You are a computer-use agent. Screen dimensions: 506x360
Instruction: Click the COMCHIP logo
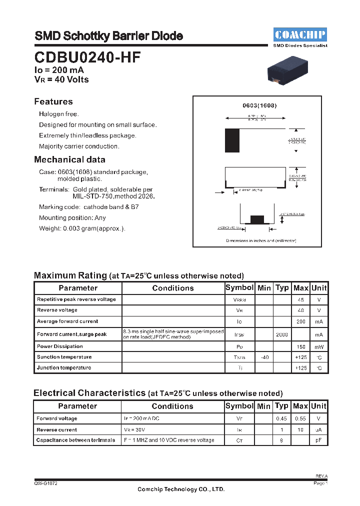(x=300, y=34)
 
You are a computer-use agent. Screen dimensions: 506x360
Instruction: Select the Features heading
(x=53, y=101)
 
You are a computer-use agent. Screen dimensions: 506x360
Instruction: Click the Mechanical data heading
(x=69, y=159)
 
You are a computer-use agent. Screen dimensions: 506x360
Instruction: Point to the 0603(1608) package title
(x=259, y=106)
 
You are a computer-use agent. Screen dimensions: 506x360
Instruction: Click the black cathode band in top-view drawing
(x=232, y=140)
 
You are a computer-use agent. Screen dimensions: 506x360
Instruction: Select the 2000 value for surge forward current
(x=282, y=334)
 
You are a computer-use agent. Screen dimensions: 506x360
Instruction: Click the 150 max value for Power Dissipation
(x=300, y=346)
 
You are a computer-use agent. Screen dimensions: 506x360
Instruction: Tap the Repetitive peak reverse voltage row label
(x=76, y=299)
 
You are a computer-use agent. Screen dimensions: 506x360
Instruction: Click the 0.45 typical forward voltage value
(x=282, y=418)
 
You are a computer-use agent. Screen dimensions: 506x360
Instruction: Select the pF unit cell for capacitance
(x=318, y=440)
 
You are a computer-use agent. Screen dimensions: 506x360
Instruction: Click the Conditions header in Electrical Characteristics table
(x=172, y=406)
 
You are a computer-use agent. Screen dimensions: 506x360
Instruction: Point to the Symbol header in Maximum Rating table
(x=239, y=287)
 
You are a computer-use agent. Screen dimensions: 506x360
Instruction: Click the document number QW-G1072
(x=45, y=483)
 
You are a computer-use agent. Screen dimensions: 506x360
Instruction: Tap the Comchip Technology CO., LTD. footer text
(x=181, y=489)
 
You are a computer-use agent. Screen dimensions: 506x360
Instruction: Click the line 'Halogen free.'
(x=59, y=114)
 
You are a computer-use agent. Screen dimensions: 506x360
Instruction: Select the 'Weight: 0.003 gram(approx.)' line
(x=82, y=228)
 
